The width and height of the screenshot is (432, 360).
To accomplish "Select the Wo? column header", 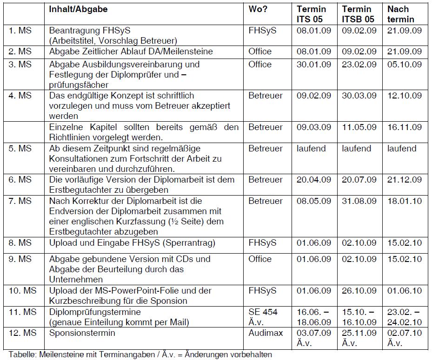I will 259,9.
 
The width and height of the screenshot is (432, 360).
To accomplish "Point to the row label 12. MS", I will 21,333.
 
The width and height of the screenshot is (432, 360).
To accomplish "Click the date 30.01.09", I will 314,64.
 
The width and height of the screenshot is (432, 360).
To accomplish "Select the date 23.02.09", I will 359,64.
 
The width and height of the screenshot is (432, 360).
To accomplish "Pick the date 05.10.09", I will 405,64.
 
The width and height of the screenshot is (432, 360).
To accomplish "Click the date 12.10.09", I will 405,96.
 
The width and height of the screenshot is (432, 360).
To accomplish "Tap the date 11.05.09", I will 359,127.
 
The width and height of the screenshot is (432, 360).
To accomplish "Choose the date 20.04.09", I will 314,179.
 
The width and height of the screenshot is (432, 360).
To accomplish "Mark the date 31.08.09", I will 359,201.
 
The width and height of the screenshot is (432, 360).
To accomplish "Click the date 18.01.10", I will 405,201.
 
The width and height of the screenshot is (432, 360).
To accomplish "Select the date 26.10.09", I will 359,290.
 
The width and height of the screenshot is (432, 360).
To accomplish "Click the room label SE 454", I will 263,312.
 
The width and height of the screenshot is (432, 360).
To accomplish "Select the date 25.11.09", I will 359,333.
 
